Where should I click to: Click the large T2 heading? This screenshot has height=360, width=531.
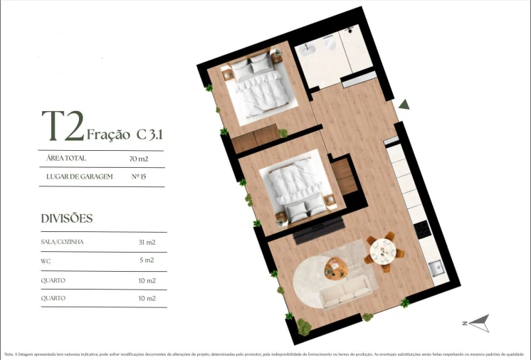pos(63,127)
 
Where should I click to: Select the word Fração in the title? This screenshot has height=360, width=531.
pos(107,134)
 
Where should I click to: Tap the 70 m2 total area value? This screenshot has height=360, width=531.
pos(140,159)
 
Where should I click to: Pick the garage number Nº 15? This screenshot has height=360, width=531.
pos(140,176)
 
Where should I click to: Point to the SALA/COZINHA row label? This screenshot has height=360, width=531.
pos(63,243)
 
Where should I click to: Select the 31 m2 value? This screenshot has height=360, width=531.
pos(147,243)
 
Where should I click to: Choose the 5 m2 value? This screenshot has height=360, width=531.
pos(148,261)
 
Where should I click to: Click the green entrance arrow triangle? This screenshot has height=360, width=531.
pos(404,105)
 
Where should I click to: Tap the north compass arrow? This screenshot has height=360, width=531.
pos(478,322)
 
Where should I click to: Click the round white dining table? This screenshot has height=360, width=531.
pos(383,250)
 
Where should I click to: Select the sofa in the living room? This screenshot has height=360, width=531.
pos(345,290)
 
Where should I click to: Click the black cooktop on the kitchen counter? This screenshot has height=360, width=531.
pos(421,230)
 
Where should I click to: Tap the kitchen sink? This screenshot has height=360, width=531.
pos(435,269)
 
